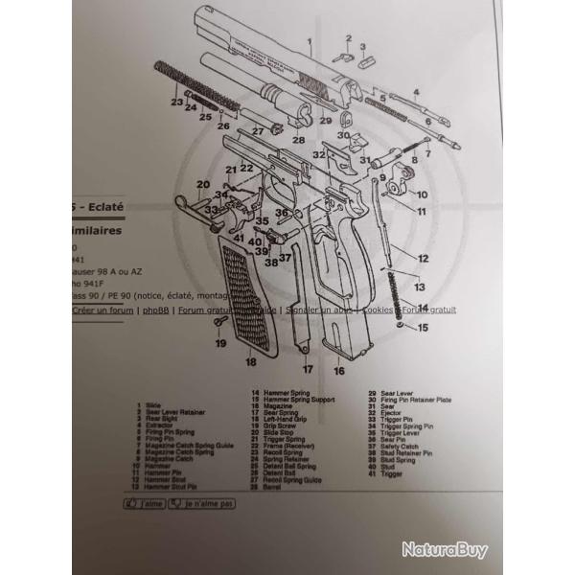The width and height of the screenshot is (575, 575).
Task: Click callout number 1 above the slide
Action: coord(310,41)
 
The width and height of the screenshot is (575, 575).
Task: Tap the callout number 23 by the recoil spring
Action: coord(176,102)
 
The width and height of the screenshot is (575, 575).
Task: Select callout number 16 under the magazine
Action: coord(338,370)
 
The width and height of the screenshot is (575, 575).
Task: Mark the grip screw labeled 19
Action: coord(219,327)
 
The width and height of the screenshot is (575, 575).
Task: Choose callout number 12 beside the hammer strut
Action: coord(423,259)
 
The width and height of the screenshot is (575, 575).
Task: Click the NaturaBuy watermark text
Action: coord(444,549)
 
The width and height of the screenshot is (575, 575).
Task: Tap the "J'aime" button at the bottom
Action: coord(145,502)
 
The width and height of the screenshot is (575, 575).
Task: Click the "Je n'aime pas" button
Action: coord(202,502)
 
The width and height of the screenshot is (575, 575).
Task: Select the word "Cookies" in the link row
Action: coord(380,310)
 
